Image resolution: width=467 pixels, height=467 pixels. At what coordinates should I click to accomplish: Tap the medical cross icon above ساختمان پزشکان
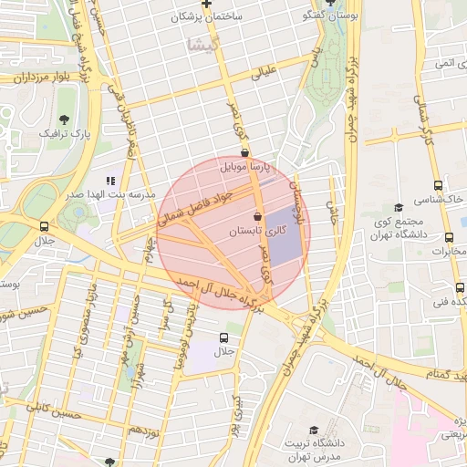coord(207,4)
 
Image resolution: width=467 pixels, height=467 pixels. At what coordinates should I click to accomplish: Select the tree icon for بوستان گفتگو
coord(329,3)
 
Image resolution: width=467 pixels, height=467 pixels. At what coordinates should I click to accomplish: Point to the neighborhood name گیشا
coord(199,44)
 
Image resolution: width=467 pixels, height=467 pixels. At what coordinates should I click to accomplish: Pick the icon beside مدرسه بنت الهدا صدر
coord(111,181)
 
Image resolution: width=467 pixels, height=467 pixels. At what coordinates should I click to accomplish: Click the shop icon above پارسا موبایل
coord(244,153)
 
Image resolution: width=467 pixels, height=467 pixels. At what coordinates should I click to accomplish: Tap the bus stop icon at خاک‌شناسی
coord(439,185)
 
